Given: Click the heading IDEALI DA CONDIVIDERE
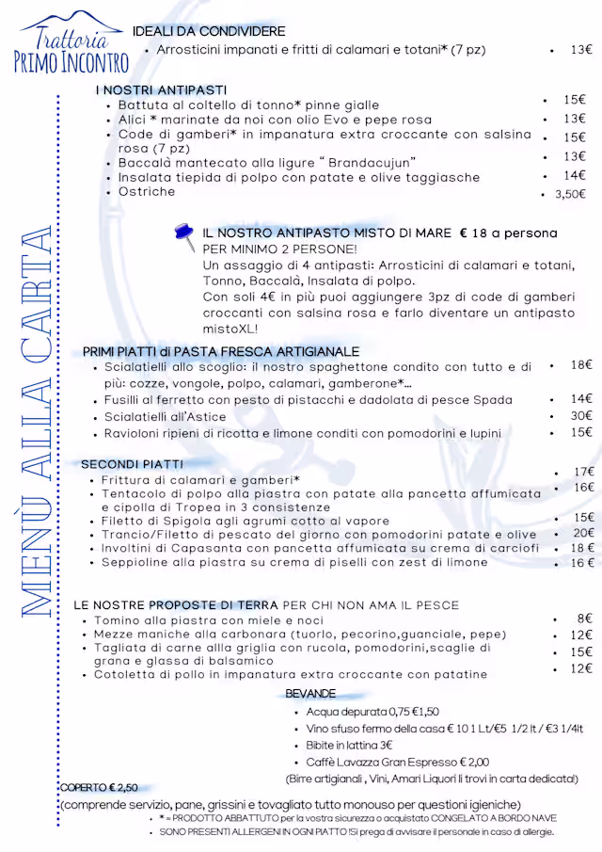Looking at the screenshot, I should (209, 31).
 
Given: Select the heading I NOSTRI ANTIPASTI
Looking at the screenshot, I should (161, 89).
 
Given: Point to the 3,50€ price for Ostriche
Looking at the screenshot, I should (570, 194).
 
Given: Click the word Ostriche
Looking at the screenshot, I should (147, 192).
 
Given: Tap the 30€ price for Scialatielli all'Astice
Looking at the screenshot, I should (581, 415).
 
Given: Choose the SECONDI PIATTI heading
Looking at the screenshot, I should (132, 464).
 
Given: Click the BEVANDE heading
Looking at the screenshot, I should (309, 694).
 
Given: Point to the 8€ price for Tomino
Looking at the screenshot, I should (584, 619).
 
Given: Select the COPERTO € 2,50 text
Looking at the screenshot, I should (99, 787).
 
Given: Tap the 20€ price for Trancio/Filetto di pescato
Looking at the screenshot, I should (584, 533).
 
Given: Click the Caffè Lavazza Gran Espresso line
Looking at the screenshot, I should (398, 762).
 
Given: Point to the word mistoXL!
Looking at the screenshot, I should (230, 330).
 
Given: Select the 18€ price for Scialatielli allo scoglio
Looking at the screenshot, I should (581, 364).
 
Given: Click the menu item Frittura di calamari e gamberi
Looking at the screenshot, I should (200, 479).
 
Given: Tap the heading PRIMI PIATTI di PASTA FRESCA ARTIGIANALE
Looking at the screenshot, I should (221, 351).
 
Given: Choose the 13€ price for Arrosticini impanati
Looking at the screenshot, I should (581, 50).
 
